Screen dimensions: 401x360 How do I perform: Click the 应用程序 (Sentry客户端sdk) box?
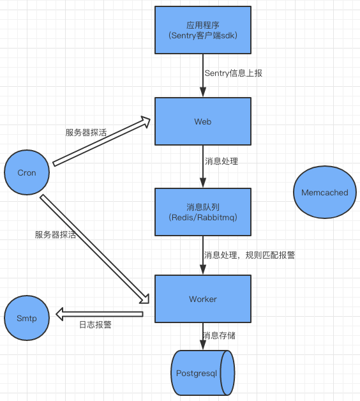pyautogui.click(x=203, y=29)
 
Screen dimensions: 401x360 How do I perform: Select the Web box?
pyautogui.click(x=203, y=121)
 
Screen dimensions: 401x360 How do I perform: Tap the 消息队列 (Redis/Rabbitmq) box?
pyautogui.click(x=203, y=211)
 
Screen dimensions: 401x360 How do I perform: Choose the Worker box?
pyautogui.click(x=203, y=299)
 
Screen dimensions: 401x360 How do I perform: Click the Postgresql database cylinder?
pyautogui.click(x=202, y=373)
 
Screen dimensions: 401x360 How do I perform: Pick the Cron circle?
pyautogui.click(x=27, y=172)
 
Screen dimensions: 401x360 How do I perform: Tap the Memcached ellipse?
pyautogui.click(x=324, y=192)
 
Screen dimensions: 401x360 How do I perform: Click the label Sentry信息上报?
pyautogui.click(x=233, y=73)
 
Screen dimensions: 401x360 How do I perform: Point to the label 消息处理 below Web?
pyautogui.click(x=221, y=161)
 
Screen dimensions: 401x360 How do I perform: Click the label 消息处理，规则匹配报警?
pyautogui.click(x=249, y=255)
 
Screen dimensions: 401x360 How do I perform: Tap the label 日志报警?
pyautogui.click(x=95, y=324)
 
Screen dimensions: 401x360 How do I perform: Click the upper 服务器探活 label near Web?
pyautogui.click(x=86, y=133)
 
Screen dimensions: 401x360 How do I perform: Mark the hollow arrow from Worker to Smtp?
pyautogui.click(x=99, y=314)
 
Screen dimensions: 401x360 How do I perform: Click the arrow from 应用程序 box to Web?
pyautogui.click(x=203, y=75)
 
